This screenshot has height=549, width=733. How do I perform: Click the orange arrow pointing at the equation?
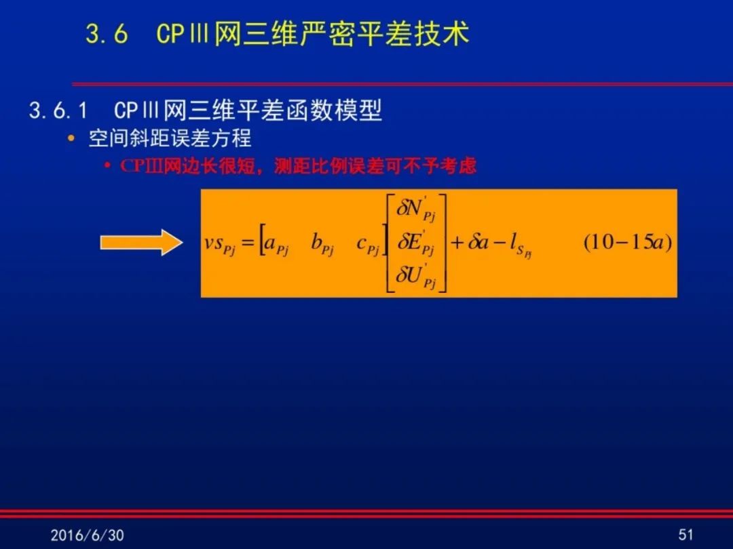[x=141, y=242]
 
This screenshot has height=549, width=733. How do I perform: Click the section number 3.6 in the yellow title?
[x=107, y=34]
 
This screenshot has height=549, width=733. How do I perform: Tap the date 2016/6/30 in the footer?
[x=87, y=535]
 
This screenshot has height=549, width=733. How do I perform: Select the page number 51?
[x=685, y=535]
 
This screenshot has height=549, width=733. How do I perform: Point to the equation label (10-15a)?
[x=628, y=242]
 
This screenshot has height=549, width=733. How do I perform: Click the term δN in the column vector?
[x=416, y=208]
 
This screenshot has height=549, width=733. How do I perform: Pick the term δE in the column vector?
[x=415, y=242]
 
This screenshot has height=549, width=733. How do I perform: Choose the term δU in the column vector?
[x=415, y=276]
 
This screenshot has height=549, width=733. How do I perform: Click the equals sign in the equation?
[x=248, y=243]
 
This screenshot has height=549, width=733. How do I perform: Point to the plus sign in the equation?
[x=456, y=243]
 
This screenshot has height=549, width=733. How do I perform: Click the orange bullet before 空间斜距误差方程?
[x=71, y=138]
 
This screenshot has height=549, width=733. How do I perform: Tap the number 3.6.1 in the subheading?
[x=58, y=110]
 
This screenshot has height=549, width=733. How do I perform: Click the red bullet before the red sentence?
[x=108, y=166]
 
